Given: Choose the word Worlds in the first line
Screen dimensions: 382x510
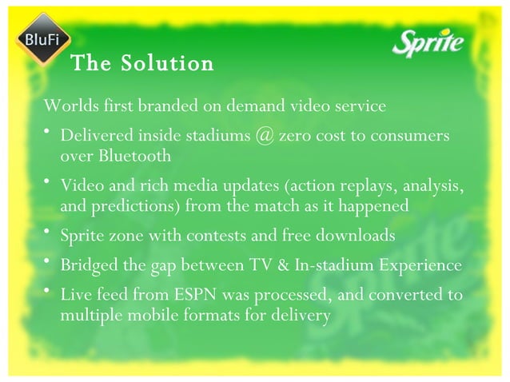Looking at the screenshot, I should coord(70,105).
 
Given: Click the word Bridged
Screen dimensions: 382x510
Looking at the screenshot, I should coord(87,265).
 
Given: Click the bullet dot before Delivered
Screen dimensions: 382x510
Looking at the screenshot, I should coord(49,133).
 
